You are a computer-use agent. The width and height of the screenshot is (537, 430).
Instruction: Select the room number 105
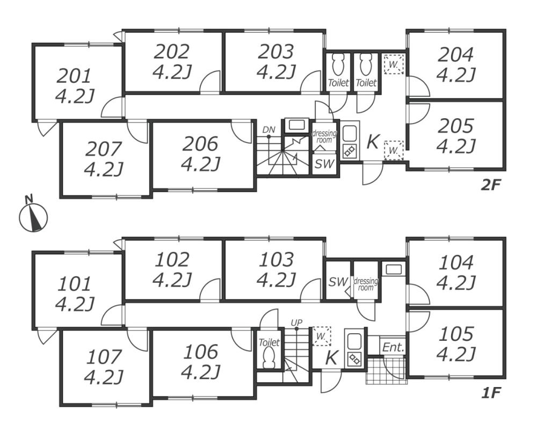(456, 335)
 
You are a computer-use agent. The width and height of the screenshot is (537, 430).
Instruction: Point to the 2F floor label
(491, 185)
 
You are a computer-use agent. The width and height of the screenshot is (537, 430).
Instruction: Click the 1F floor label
(491, 393)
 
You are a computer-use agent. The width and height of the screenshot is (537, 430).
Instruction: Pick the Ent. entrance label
(393, 347)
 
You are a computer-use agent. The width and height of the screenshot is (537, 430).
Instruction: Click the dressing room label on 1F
(366, 284)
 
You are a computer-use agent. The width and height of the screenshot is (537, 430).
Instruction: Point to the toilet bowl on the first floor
(269, 355)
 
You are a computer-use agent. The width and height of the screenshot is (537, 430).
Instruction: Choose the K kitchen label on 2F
(373, 142)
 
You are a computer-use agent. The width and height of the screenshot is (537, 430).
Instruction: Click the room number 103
(277, 260)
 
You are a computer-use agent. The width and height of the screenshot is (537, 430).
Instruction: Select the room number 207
(103, 148)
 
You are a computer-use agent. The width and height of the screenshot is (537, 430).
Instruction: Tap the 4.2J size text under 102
(172, 279)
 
